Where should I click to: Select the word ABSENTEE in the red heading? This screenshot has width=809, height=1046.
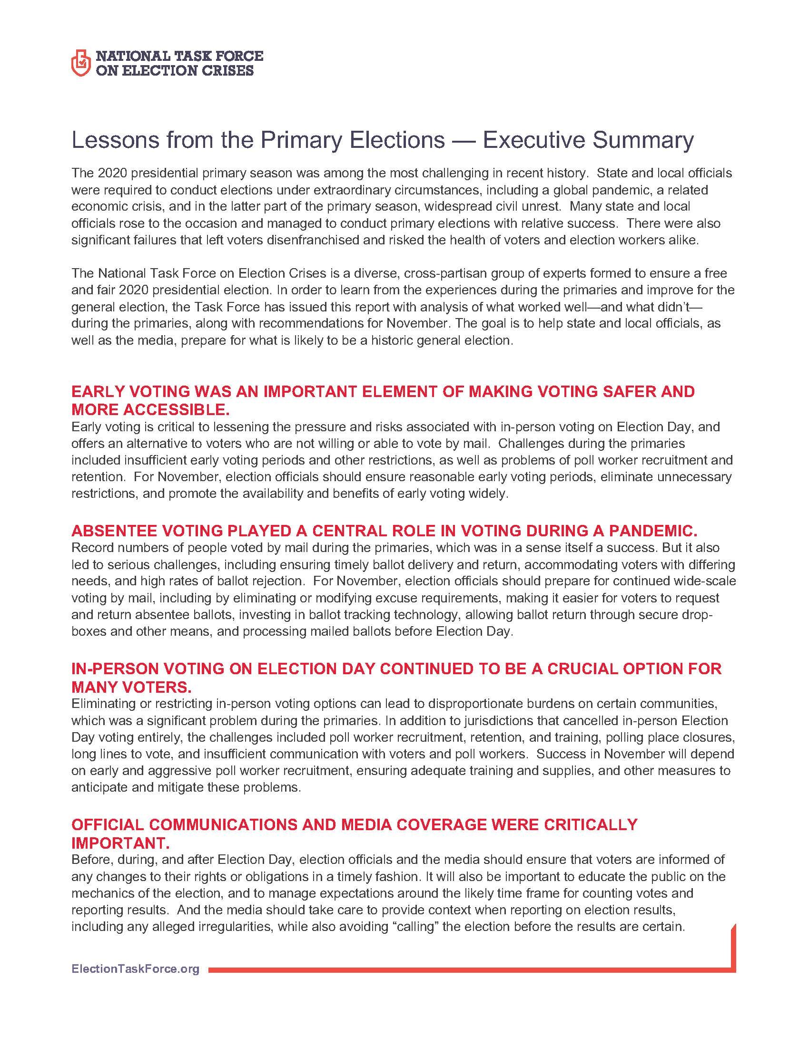click(x=113, y=531)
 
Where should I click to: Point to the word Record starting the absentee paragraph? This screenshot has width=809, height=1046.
click(x=89, y=547)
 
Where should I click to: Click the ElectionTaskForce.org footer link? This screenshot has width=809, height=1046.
click(x=135, y=969)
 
